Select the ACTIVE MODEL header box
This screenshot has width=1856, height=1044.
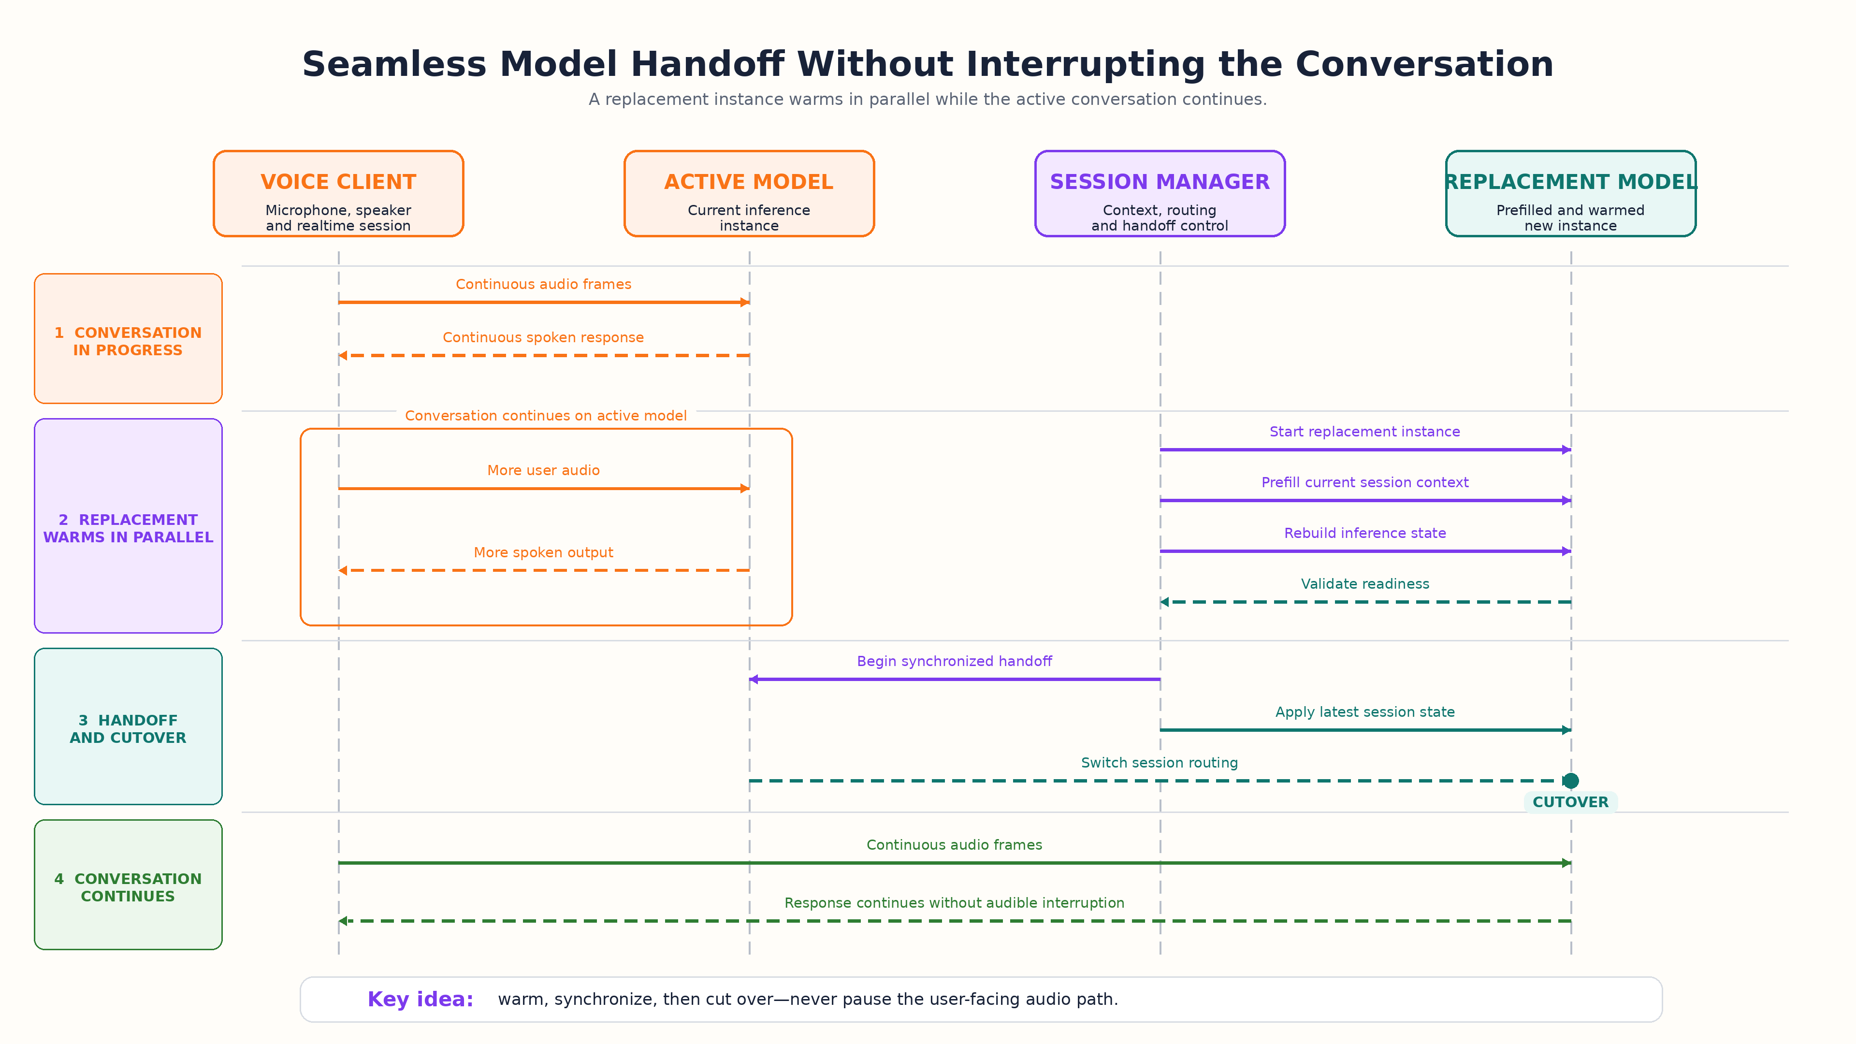click(x=749, y=193)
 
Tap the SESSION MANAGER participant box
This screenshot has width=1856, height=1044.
click(x=1160, y=193)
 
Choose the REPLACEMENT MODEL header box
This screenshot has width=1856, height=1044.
click(x=1571, y=193)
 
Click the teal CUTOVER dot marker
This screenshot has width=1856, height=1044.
click(x=1571, y=780)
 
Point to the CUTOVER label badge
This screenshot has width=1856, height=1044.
click(x=1571, y=802)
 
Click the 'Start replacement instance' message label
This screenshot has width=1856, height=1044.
click(x=1364, y=432)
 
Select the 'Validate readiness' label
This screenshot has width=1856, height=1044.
click(x=1364, y=583)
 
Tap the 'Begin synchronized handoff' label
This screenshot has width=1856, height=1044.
click(x=954, y=661)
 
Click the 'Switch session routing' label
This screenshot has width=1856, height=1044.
click(x=1160, y=762)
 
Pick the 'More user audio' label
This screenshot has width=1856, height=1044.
click(x=543, y=470)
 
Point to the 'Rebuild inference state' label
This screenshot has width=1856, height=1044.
click(x=1364, y=533)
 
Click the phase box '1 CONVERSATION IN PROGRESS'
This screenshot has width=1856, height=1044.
click(x=128, y=339)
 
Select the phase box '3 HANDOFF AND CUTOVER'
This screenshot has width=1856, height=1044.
click(x=128, y=726)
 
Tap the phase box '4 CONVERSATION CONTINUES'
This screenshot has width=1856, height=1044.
click(x=128, y=885)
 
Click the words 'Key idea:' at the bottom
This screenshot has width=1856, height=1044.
click(x=420, y=1000)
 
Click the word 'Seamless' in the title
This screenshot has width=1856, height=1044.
click(x=394, y=64)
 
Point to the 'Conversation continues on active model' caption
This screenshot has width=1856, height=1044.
click(x=545, y=416)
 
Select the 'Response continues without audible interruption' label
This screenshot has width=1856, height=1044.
click(x=954, y=903)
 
